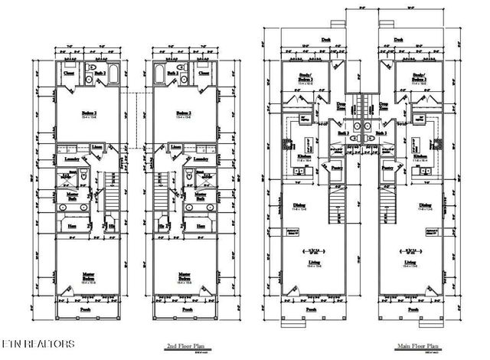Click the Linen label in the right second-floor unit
tap(175, 147)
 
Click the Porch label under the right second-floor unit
tap(185, 311)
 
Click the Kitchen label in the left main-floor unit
tap(302, 155)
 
